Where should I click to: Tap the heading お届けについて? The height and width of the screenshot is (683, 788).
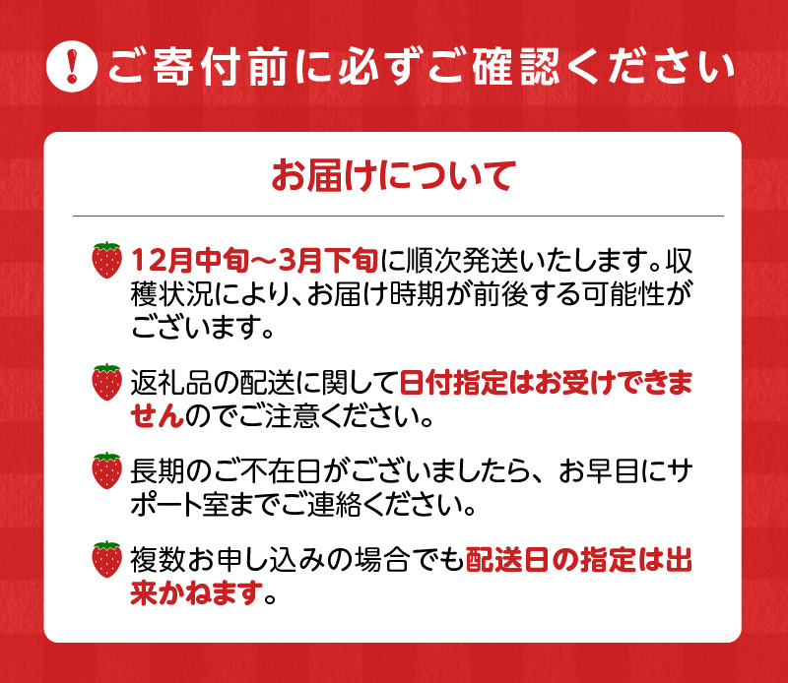pyautogui.click(x=393, y=177)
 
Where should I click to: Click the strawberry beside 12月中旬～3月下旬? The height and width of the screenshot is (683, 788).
pyautogui.click(x=106, y=260)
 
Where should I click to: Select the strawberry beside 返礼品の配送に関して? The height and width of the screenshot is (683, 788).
pyautogui.click(x=106, y=383)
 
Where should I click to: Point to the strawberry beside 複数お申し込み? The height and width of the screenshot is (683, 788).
pyautogui.click(x=106, y=560)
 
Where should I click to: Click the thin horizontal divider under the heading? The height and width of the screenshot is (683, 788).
pyautogui.click(x=394, y=216)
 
